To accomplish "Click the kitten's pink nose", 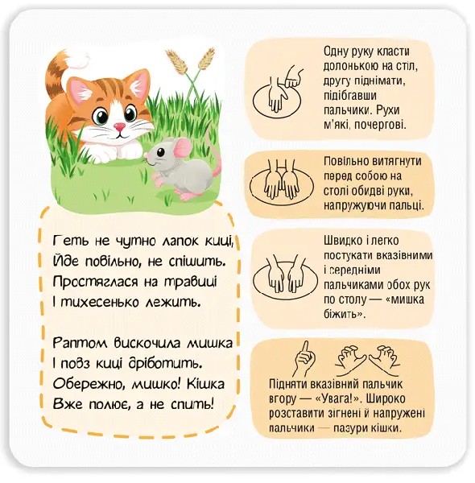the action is [119, 126].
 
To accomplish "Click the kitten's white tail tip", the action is [78, 60].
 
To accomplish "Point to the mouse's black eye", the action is [160, 152].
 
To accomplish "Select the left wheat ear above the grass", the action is [177, 62].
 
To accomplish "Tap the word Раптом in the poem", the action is [81, 343].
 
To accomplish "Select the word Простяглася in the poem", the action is [95, 281].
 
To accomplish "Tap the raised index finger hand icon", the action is [305, 358].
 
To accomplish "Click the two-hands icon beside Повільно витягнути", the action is [281, 183].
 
